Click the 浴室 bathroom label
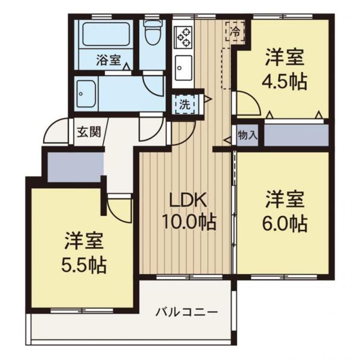[x=108, y=60]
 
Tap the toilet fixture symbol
[x=153, y=34]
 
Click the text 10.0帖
[x=189, y=222]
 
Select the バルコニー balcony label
[x=187, y=312]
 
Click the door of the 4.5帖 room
[x=246, y=106]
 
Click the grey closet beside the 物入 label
[x=296, y=136]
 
